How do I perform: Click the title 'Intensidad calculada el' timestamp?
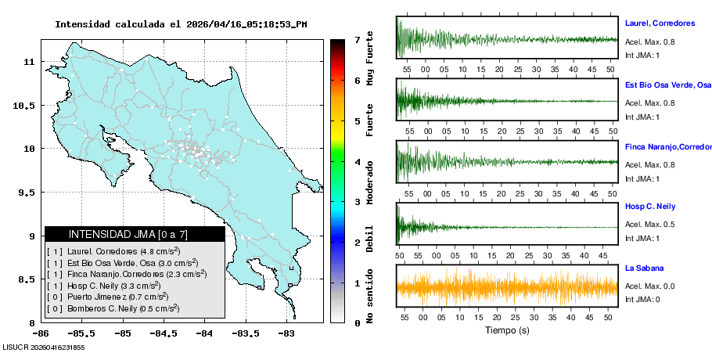pos(181,24)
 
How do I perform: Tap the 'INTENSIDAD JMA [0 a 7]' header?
pos(135,234)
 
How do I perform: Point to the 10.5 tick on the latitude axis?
pos(24,105)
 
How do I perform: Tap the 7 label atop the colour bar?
pos(357,39)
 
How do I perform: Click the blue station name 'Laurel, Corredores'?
pos(660,23)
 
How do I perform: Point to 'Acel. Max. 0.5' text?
pos(649,225)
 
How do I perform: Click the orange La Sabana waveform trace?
pos(507,286)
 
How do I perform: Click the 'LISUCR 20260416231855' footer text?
pos(43,347)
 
